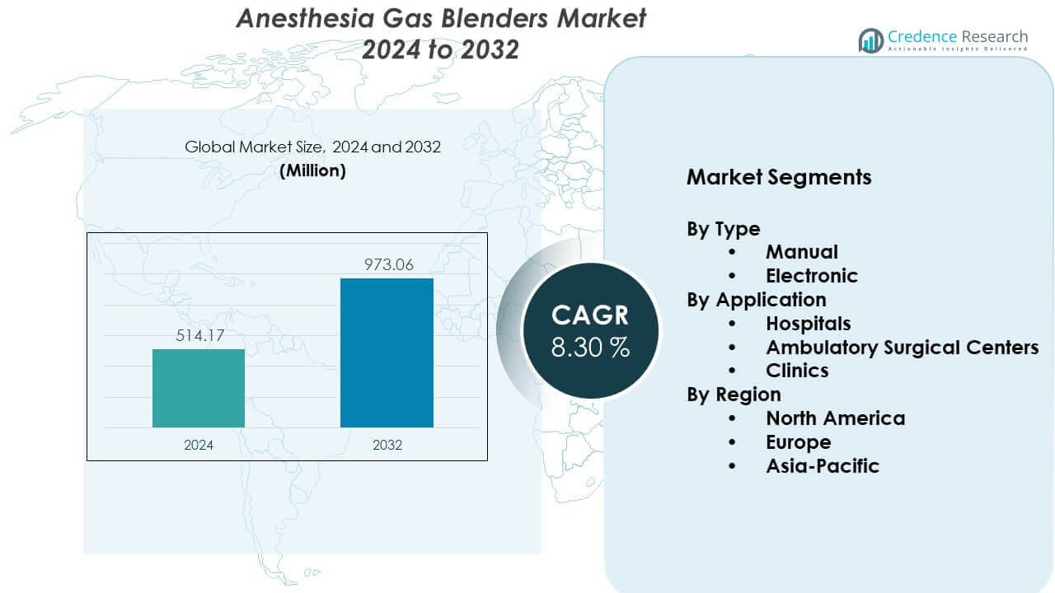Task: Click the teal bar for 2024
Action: pos(199,388)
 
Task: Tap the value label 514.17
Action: pos(199,335)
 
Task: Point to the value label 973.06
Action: pos(387,264)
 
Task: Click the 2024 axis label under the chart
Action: pos(199,445)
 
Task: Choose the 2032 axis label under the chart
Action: pos(387,445)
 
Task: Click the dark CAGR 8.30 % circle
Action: pos(590,329)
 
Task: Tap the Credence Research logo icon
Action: pos(871,40)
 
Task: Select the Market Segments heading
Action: pos(779,177)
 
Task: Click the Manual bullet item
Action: pos(801,252)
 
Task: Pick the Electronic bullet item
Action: pos(811,276)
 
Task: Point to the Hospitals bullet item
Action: pos(808,324)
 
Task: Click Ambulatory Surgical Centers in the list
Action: pos(902,348)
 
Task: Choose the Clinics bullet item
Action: pos(797,371)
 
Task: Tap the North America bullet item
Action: pos(835,418)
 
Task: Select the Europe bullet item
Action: pos(798,442)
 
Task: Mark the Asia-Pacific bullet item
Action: pos(822,466)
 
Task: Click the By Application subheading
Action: pos(757,300)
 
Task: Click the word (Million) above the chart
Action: pos(312,170)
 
